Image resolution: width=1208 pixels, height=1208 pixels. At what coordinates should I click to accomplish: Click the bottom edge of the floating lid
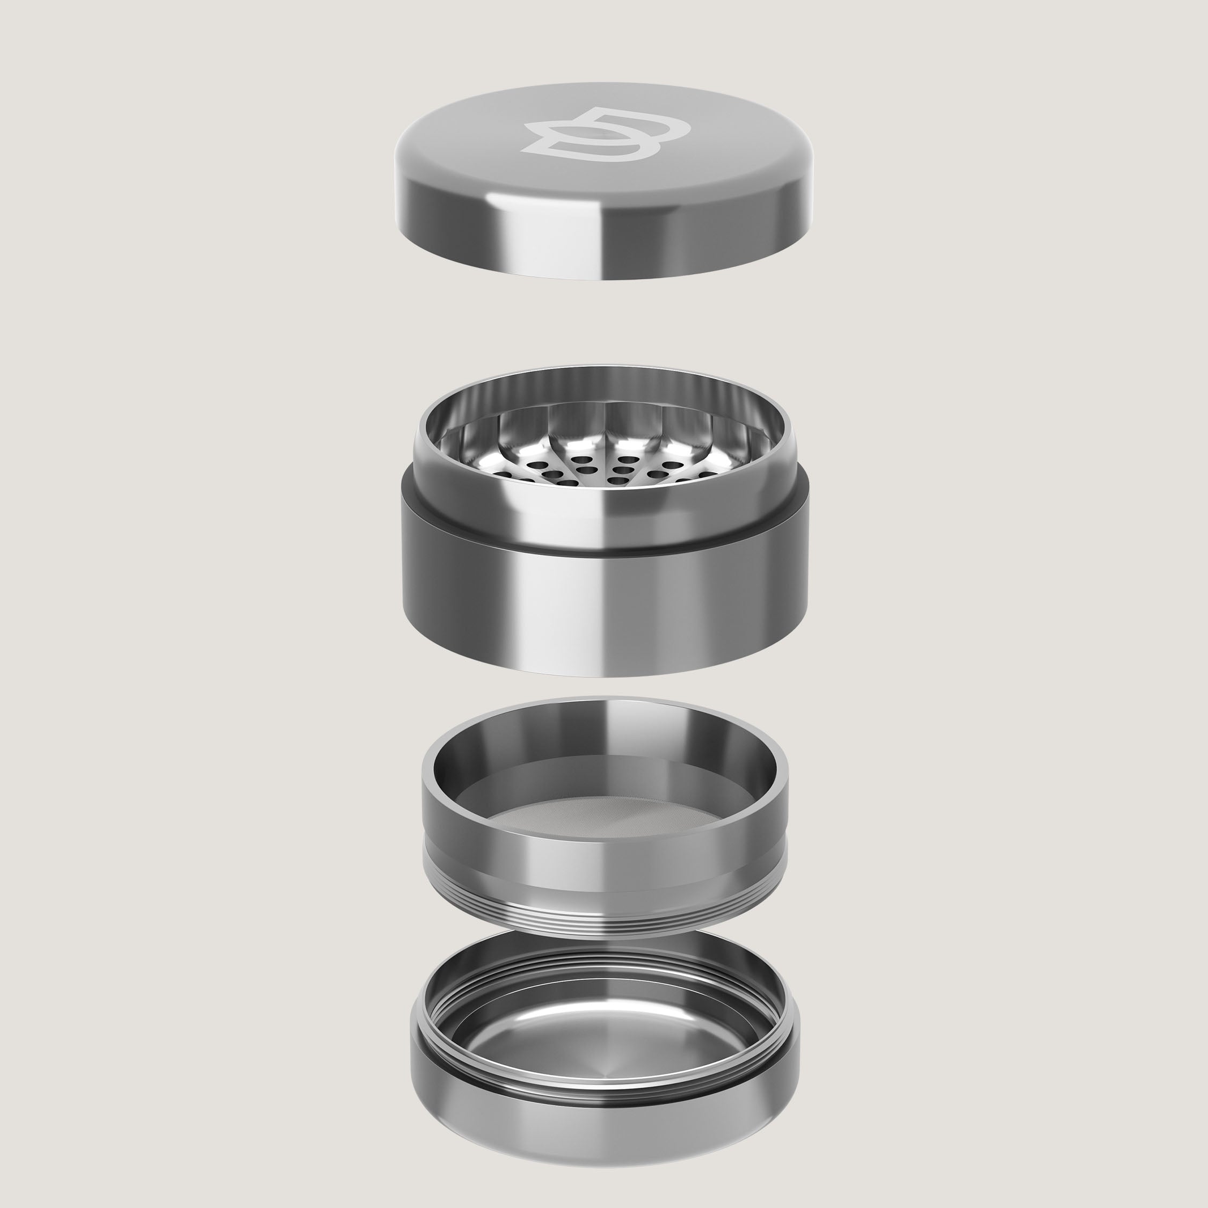[603, 277]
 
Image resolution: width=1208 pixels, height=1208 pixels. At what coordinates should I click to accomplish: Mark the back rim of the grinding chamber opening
[603, 369]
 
